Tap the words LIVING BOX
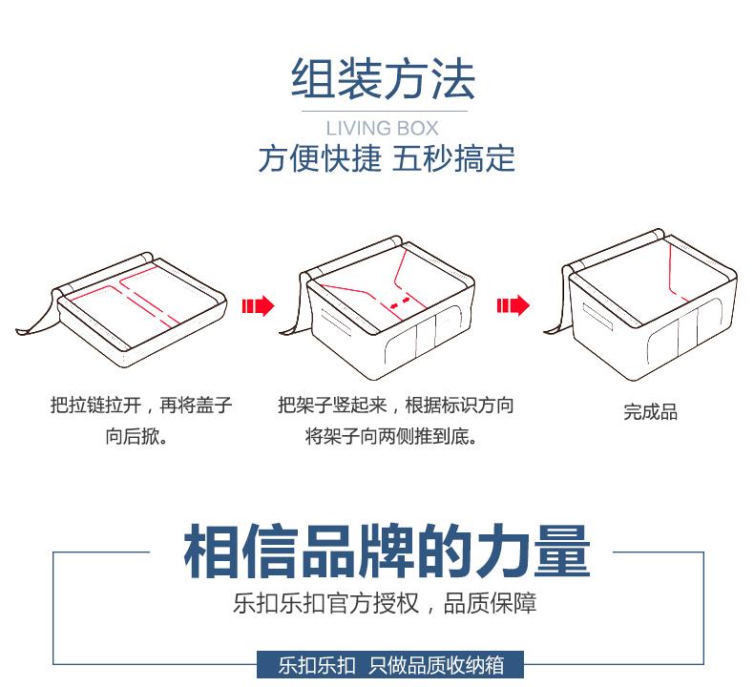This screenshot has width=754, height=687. point(382,128)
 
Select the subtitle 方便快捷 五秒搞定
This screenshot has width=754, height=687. point(386,158)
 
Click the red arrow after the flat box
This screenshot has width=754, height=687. point(258,306)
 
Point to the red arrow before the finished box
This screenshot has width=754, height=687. point(513,306)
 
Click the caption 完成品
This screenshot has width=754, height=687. point(650,412)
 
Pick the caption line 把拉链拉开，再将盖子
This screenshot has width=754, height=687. point(141,406)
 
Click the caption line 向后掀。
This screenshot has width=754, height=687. point(136,438)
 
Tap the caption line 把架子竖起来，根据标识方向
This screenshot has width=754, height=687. point(395,406)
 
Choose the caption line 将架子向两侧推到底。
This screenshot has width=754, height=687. point(391,438)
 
